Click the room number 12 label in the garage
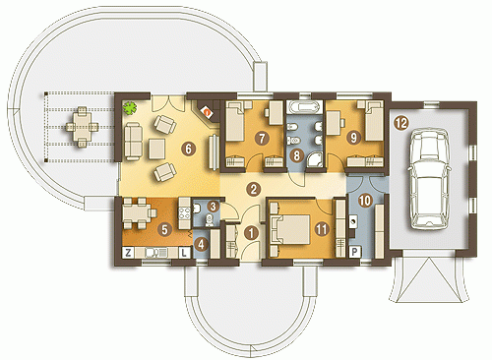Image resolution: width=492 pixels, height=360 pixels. click(401, 123)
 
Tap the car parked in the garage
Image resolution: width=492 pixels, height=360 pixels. click(428, 178)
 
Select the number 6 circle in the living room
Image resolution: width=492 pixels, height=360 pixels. click(188, 150)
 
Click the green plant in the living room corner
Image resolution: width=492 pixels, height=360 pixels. click(130, 107)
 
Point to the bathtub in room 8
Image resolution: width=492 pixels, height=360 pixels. click(303, 107)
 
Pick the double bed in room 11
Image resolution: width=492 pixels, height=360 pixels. click(290, 229)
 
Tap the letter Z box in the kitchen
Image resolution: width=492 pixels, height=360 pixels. click(128, 252)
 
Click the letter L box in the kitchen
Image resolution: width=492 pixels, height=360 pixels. click(184, 252)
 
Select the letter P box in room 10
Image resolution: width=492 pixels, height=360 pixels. click(354, 252)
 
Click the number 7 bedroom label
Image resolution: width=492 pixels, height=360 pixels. click(262, 139)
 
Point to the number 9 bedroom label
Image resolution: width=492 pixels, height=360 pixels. click(353, 138)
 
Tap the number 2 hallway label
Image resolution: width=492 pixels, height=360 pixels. click(253, 189)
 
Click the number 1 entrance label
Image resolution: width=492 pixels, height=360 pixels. click(251, 233)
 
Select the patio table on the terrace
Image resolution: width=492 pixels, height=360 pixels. click(82, 127)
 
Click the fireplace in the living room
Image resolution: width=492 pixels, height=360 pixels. click(208, 112)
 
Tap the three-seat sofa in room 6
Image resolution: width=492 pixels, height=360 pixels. click(133, 142)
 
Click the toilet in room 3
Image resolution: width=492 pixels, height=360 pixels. click(210, 221)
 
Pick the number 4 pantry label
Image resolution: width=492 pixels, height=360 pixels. click(202, 244)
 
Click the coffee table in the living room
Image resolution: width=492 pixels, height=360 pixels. click(157, 149)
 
